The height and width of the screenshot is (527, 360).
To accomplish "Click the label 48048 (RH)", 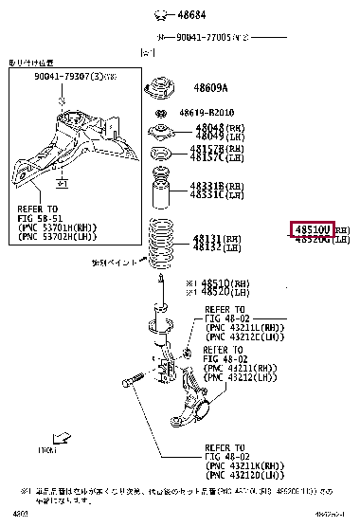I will click(x=209, y=126).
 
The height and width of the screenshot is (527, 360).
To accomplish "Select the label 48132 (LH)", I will click(x=209, y=246).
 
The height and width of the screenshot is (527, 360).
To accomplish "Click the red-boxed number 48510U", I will click(x=312, y=230).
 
